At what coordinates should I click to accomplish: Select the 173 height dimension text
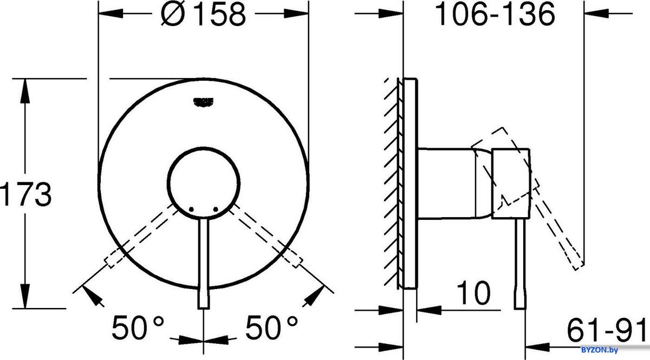25,194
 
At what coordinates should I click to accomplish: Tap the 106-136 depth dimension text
495,15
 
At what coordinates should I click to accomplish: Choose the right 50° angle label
271,326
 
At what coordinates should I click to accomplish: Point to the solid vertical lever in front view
204,265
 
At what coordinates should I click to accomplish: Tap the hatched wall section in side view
393,184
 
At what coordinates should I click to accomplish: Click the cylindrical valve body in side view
447,184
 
